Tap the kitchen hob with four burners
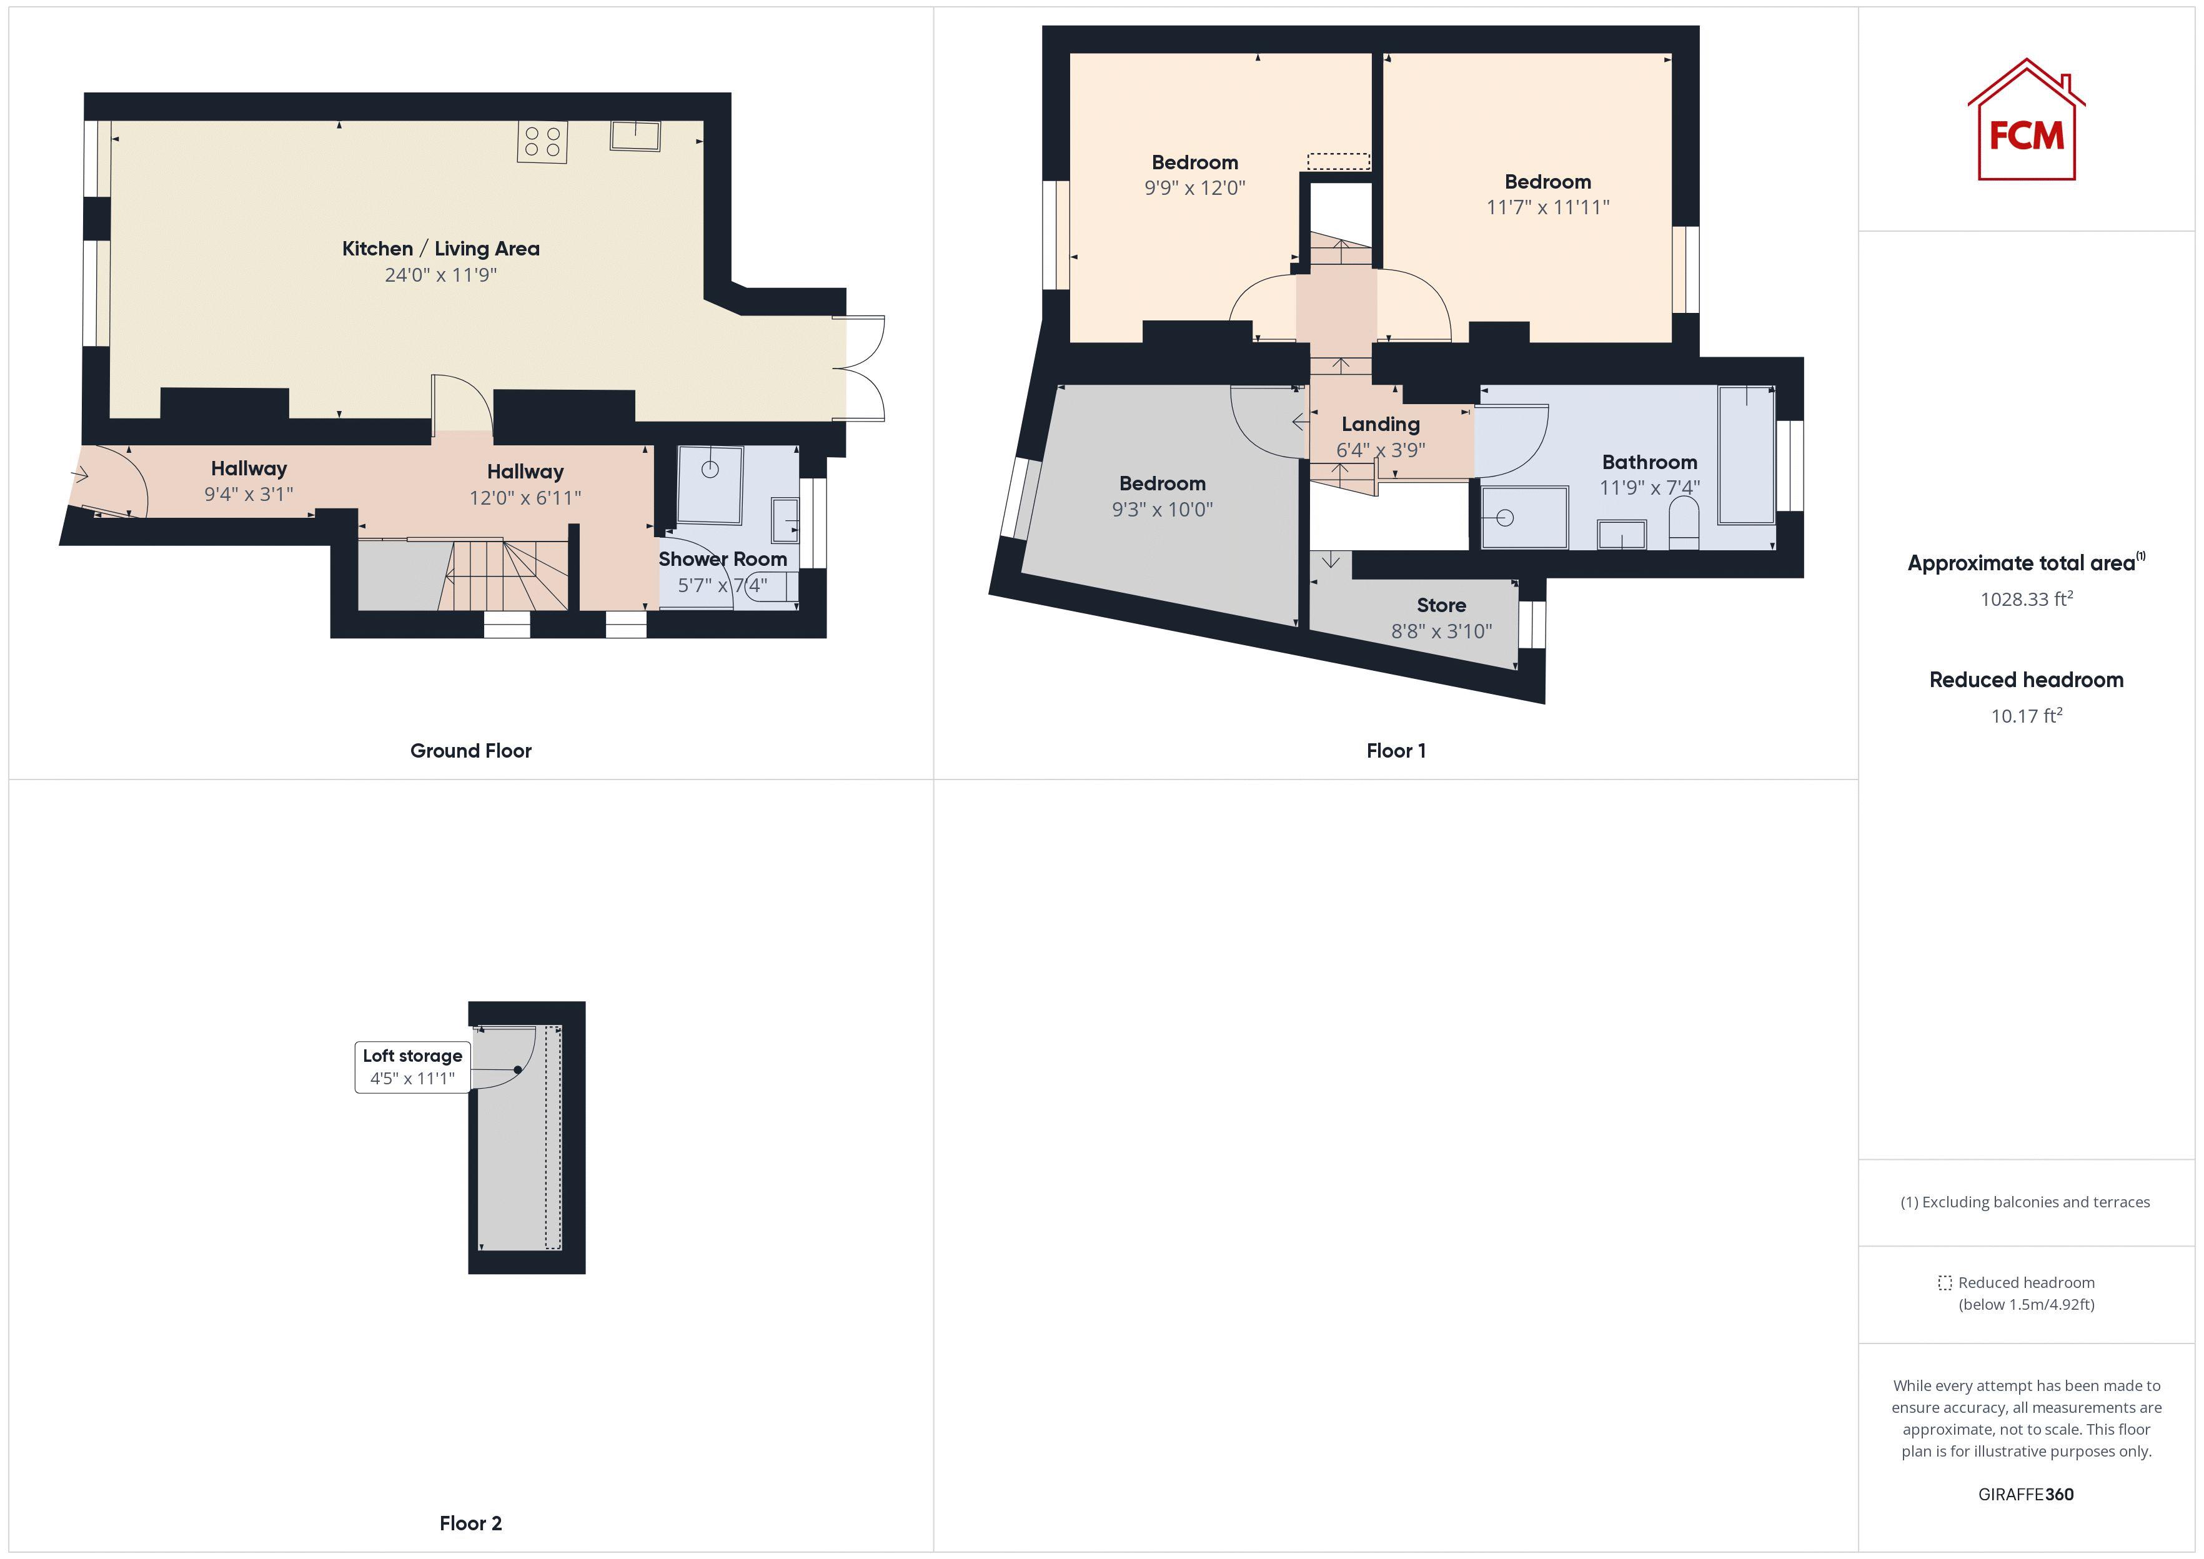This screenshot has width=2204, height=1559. point(542,141)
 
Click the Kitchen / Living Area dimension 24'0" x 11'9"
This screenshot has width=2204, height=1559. point(440,275)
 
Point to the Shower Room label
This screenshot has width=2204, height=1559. point(722,559)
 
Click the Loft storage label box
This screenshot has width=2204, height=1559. point(413,1066)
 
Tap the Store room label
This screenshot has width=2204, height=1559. point(1441,605)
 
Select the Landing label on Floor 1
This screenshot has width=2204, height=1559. point(1381,423)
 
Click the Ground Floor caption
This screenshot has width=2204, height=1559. point(470,751)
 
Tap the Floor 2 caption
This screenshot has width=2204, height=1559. point(470,1523)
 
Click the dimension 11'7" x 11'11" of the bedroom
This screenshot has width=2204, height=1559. point(1547,206)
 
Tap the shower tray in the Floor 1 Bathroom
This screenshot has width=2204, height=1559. point(1524,517)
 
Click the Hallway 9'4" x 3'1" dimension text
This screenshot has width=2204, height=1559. point(249,493)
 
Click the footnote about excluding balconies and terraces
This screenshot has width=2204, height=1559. point(2025,1202)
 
